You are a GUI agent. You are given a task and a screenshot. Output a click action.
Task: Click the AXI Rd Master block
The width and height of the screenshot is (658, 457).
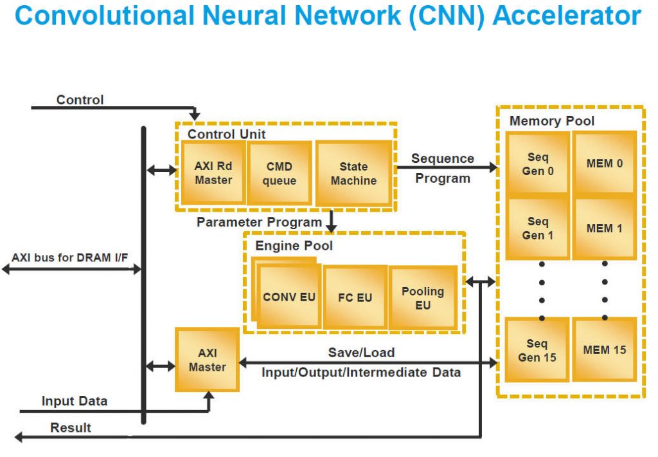click(213, 173)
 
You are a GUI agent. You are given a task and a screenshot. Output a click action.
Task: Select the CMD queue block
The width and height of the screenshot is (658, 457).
click(280, 173)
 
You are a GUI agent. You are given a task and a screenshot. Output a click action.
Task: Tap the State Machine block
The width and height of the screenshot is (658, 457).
click(353, 173)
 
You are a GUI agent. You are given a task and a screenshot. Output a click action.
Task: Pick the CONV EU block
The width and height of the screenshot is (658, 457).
click(289, 297)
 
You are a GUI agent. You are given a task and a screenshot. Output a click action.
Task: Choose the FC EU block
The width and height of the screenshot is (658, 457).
click(355, 297)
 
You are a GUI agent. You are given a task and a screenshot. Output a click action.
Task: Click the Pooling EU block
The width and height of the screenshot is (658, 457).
click(423, 298)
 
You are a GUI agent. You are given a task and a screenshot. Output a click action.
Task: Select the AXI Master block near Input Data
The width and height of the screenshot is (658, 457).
click(207, 360)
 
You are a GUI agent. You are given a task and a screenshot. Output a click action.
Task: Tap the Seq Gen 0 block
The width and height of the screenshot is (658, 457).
click(538, 164)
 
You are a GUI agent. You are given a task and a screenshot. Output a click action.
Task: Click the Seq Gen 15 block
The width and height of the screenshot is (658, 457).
click(538, 350)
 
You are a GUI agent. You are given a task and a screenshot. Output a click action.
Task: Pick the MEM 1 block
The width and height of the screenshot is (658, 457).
click(604, 228)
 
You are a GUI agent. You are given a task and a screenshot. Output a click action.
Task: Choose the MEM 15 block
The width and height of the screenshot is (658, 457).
click(604, 350)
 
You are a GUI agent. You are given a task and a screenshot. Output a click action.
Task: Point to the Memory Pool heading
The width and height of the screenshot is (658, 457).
click(552, 121)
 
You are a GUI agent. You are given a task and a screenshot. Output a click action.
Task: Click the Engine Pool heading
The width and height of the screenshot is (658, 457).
click(294, 246)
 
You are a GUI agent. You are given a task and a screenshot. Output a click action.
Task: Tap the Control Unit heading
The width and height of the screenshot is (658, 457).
click(226, 135)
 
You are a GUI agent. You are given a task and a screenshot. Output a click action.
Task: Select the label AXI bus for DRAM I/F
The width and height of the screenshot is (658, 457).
click(70, 257)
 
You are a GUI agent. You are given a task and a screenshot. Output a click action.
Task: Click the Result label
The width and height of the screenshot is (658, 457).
click(71, 427)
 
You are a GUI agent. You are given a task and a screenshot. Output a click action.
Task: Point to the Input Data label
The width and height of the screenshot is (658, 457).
click(75, 401)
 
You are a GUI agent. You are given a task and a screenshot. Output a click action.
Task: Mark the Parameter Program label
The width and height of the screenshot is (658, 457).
click(259, 222)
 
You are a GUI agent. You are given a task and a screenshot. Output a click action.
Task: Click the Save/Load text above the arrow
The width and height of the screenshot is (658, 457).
click(361, 352)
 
